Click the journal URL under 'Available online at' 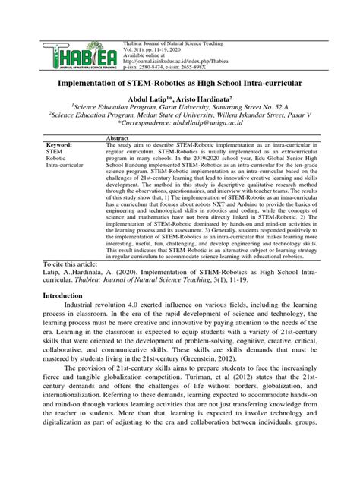point(170,36)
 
